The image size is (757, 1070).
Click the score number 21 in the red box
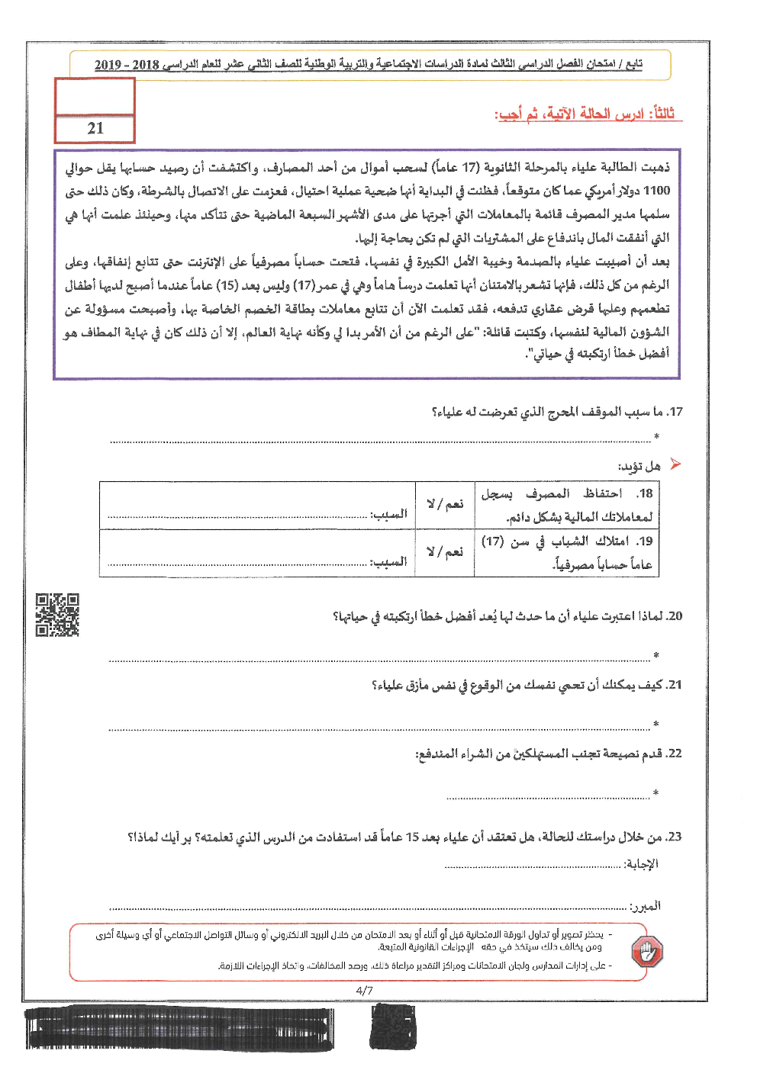(95, 129)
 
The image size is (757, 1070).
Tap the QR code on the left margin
(57, 615)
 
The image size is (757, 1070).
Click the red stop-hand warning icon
(647, 951)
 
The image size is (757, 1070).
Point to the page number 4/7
(364, 991)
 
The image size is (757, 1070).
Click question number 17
(675, 412)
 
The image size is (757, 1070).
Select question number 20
(675, 616)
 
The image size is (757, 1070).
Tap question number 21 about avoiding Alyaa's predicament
(675, 685)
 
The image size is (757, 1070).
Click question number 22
(675, 753)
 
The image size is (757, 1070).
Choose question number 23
(675, 837)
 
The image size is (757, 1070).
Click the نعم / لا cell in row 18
(445, 505)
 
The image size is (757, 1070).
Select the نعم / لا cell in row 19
(445, 551)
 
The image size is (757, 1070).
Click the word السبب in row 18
(389, 515)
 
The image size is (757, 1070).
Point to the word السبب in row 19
(389, 562)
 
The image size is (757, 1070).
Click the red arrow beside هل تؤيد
(675, 464)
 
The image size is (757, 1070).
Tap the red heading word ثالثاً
(661, 114)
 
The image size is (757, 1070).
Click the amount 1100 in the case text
(656, 191)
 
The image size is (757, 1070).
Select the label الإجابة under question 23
(641, 864)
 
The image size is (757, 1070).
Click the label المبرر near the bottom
(646, 906)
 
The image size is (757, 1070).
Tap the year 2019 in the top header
(108, 65)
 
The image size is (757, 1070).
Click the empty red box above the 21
(95, 97)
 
